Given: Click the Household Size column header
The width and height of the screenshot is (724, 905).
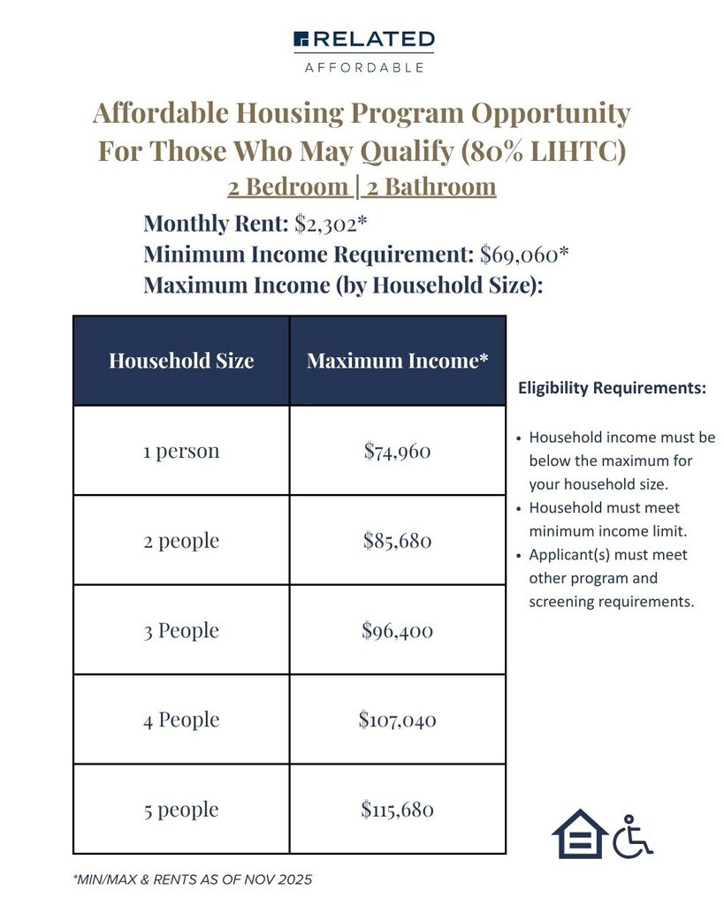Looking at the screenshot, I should tap(181, 361).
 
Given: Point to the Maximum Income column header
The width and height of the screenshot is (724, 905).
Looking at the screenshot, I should tap(398, 361).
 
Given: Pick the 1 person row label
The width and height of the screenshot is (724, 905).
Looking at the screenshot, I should tap(181, 451).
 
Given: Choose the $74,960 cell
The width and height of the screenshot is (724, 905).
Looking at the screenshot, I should tap(398, 451).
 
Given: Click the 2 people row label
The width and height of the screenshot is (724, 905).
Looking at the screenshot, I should tap(181, 540).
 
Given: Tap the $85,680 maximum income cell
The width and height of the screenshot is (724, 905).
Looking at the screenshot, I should tap(398, 540).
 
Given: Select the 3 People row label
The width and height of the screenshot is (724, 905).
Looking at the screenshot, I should tap(181, 630).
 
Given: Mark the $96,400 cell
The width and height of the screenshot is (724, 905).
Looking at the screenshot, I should tap(398, 630).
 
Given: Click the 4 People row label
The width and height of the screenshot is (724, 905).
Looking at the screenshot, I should tap(181, 720).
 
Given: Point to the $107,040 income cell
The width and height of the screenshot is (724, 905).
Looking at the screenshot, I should tap(398, 720).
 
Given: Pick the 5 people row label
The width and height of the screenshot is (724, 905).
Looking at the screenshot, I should tap(181, 810).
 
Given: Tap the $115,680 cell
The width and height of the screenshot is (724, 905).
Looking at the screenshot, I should tap(398, 810).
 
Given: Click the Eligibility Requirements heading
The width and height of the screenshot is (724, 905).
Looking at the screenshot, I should tap(612, 388).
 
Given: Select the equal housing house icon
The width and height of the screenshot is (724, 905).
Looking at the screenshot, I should tap(579, 834).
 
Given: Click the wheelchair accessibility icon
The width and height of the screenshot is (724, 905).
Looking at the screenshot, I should tap(632, 836).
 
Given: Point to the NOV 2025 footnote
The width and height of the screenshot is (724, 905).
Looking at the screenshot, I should tap(192, 880).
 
